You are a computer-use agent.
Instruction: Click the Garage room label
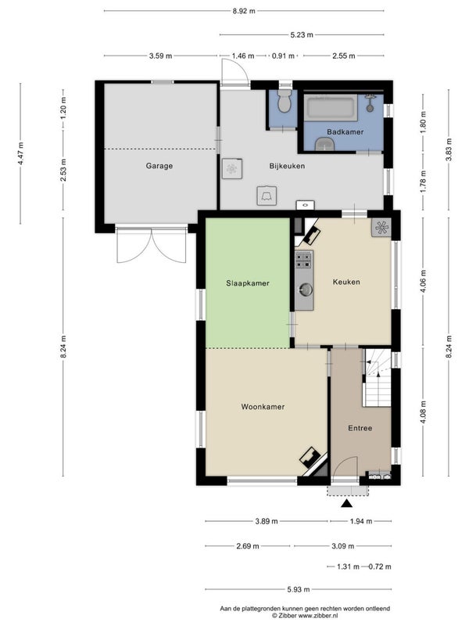(x=159, y=166)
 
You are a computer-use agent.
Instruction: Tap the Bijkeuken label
(x=287, y=166)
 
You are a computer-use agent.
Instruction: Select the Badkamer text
(x=345, y=131)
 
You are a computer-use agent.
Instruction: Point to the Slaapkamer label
(x=248, y=283)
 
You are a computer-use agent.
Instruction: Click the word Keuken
(x=346, y=282)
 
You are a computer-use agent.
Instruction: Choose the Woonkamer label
(x=263, y=407)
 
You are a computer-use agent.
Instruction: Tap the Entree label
(x=360, y=428)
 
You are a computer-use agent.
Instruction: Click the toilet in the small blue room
(x=284, y=102)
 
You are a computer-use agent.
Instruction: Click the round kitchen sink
(x=306, y=289)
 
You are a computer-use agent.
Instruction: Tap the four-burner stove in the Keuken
(x=304, y=260)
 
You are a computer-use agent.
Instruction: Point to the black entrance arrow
(x=347, y=503)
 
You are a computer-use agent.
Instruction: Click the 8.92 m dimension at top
(x=244, y=11)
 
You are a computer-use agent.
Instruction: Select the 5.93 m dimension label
(x=299, y=589)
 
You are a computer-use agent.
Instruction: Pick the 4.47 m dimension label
(x=21, y=153)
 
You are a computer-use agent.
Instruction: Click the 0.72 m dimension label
(x=380, y=567)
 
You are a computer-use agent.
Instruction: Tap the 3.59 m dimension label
(x=161, y=56)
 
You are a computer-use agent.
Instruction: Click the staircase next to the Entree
(x=377, y=377)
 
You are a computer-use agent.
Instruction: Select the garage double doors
(x=151, y=245)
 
